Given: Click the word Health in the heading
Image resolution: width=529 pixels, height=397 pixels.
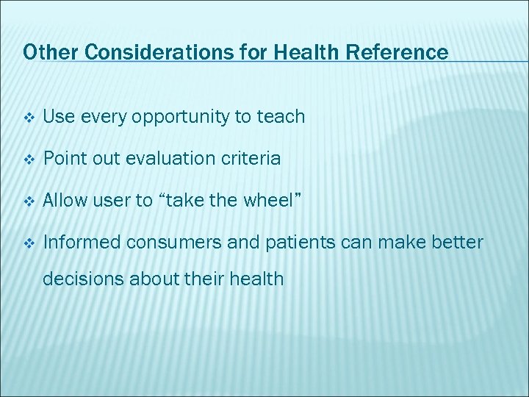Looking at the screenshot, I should coord(303,52).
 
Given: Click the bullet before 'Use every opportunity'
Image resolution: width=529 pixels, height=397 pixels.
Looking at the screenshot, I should coord(29,117).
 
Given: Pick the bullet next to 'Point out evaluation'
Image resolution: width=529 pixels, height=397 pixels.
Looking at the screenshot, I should coord(29,159).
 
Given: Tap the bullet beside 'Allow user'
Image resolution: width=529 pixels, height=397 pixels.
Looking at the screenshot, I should coord(29,201).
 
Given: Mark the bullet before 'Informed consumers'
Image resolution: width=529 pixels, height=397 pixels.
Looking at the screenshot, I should coord(29,243).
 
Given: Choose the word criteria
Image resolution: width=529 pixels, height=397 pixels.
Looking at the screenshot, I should coord(251,158).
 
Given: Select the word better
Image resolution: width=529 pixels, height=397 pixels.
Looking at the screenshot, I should coord(458,242).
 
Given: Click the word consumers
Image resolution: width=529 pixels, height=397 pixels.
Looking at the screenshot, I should coord(172,242).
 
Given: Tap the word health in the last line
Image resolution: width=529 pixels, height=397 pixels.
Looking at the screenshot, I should coord(258,279).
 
